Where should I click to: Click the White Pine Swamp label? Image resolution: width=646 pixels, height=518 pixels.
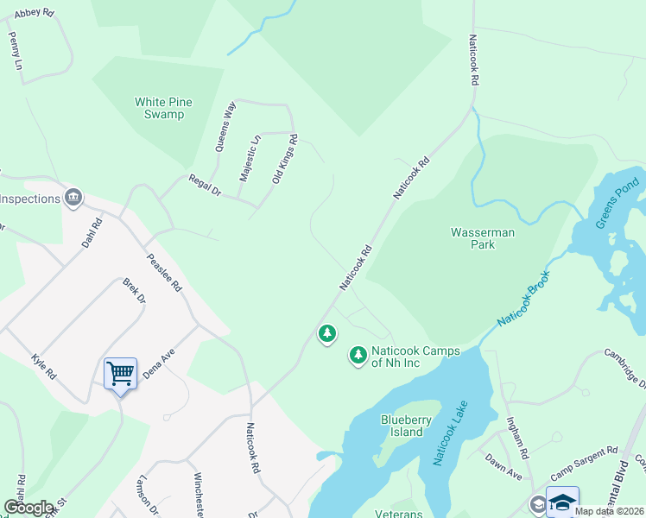coord(163,108)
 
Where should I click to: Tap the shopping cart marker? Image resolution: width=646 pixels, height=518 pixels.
coord(120,374)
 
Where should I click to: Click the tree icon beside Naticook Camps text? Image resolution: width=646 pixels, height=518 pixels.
coord(358,355)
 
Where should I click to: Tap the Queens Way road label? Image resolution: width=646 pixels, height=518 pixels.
coord(228,128)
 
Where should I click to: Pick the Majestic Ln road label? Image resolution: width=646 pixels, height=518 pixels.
coord(250,158)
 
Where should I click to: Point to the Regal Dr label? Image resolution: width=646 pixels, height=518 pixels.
coord(206,186)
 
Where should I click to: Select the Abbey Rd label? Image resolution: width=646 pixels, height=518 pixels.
coord(35,13)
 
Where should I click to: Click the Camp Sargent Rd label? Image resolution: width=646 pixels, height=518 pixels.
coord(585,463)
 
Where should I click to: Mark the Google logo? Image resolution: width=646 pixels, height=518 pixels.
coord(28,507)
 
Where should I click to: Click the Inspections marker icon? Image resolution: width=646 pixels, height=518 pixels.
coord(73,199)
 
